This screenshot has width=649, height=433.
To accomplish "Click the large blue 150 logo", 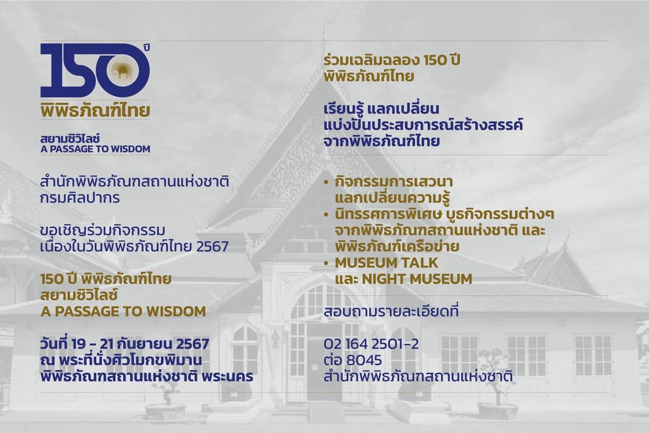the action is pos(95,70).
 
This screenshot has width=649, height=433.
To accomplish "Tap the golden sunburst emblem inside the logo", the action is pos(124,70).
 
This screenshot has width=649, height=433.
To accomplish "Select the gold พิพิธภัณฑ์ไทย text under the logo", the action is pos(95,110).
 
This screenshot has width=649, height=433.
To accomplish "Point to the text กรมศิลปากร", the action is pos(80,199).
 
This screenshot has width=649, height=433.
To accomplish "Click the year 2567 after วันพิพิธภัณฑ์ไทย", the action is pos(213,247).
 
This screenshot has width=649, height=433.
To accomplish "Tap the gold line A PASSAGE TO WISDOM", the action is pos(123,311).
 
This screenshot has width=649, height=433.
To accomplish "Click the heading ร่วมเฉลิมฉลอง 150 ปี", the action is pos(392,60).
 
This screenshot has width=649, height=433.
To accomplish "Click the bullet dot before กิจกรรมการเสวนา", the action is pos(327,183).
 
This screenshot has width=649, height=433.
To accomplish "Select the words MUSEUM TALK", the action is pos(387,263).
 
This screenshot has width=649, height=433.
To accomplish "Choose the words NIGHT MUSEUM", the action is pos(417,279).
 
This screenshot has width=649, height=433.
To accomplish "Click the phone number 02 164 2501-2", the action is pos(371,344).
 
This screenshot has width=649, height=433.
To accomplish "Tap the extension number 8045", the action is pos(364,360).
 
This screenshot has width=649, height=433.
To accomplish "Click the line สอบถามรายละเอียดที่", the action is pos(391,312).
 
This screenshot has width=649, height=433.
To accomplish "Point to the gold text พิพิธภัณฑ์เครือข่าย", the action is pos(397,247).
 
